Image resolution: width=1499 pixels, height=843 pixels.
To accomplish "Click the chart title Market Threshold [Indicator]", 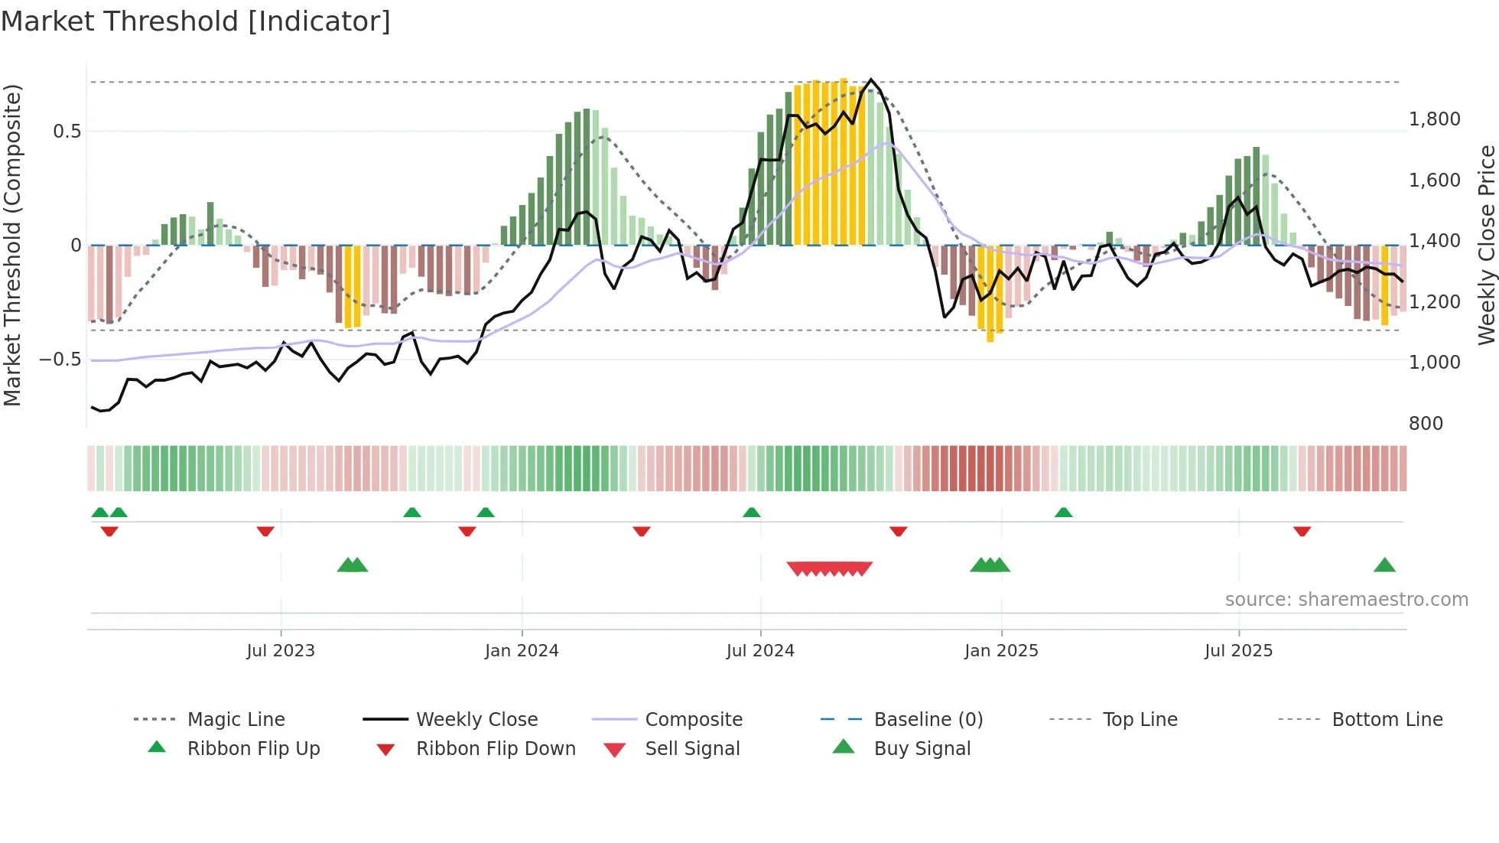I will tap(196, 21).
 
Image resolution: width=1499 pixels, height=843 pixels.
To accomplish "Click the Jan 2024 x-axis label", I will tap(522, 651).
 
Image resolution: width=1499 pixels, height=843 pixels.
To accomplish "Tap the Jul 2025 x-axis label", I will tap(1238, 651).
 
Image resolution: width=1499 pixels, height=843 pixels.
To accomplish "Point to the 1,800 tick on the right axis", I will tap(1434, 119).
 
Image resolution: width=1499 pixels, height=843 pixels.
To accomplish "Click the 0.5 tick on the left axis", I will tap(67, 132).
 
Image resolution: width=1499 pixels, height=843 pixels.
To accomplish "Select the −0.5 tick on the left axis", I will tap(60, 360).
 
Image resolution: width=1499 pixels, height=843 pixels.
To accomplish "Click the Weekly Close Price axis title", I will tap(1486, 245).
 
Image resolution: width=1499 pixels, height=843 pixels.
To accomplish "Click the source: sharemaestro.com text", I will tap(1346, 600).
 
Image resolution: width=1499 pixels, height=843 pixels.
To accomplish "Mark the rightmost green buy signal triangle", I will tap(1384, 566).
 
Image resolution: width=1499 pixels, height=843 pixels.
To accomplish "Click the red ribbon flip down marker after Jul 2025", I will tap(1302, 531).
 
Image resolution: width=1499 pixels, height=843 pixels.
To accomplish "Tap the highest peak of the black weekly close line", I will tap(871, 80).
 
